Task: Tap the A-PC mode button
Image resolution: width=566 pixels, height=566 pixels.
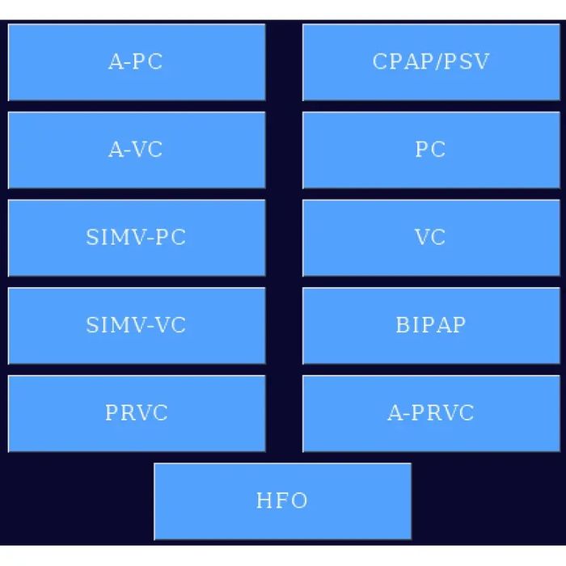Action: point(136,62)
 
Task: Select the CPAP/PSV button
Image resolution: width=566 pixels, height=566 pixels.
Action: point(430,62)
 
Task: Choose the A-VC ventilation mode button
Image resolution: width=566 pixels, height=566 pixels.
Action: point(136,150)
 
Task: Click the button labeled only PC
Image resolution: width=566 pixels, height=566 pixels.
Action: point(430,150)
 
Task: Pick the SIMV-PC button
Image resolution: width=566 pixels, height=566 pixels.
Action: point(136,238)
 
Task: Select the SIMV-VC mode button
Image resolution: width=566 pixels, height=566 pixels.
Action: point(136,325)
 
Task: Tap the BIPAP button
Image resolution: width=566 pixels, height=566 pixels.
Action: point(430,325)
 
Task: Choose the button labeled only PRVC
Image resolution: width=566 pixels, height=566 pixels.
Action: point(136,413)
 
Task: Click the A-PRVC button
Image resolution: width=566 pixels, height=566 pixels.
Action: point(430,413)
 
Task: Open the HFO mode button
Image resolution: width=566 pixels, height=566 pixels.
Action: point(282,501)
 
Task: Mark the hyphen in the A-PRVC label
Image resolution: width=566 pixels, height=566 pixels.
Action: point(404,414)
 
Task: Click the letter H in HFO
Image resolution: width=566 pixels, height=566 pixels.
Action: point(264,501)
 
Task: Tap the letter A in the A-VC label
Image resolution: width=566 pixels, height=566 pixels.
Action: point(116,150)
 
